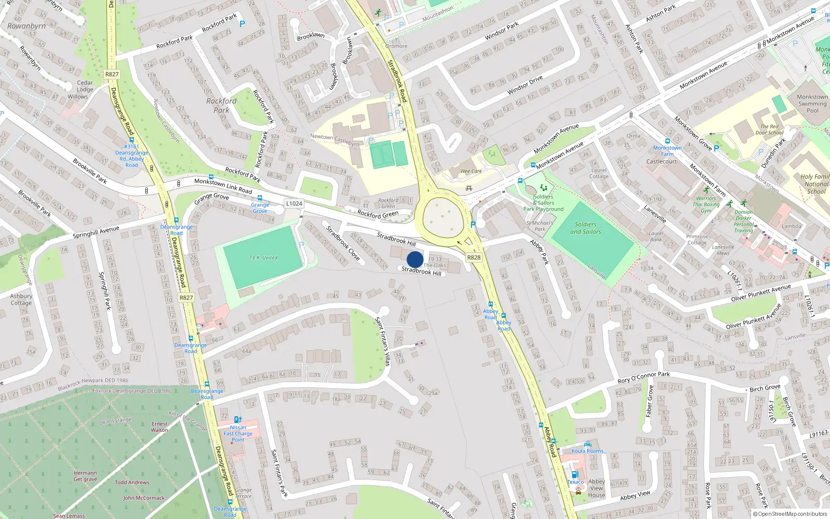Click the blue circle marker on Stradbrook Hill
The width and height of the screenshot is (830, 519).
click(415, 259)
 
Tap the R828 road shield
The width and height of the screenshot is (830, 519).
click(474, 257)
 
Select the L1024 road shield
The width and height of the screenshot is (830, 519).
click(294, 203)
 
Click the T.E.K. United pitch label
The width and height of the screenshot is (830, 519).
click(263, 258)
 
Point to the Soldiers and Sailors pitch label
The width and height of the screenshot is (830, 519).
click(586, 228)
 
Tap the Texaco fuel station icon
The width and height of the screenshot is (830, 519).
click(574, 474)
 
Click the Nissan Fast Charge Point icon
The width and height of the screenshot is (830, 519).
click(237, 420)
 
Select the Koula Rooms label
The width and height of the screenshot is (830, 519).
click(587, 451)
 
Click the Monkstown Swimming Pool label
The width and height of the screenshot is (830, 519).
click(812, 103)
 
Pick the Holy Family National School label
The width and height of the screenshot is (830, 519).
click(815, 184)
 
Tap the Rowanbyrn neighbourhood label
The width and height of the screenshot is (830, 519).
click(26, 26)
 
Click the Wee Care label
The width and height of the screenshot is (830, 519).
click(471, 171)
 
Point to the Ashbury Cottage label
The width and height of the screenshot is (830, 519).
click(21, 299)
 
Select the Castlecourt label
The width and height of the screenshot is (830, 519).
click(661, 161)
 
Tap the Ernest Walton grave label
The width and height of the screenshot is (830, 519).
click(159, 427)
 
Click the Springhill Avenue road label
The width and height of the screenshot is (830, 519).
click(96, 231)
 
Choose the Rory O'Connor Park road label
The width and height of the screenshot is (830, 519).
click(643, 377)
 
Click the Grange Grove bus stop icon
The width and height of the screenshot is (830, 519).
click(260, 198)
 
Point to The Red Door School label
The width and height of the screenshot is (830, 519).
click(769, 129)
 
